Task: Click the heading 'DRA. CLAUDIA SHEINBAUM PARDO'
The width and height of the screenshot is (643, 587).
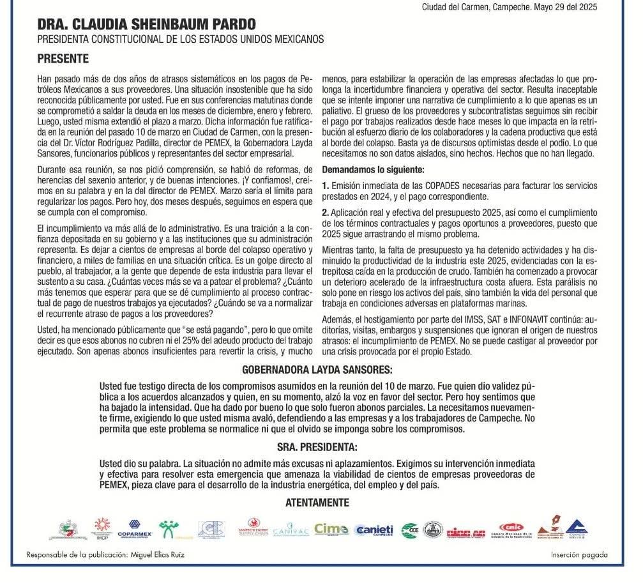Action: click(x=146, y=25)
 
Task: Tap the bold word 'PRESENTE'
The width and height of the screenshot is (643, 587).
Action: click(x=63, y=59)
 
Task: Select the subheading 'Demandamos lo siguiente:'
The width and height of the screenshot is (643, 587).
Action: click(x=373, y=170)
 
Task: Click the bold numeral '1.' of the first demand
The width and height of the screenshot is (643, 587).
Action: click(x=326, y=186)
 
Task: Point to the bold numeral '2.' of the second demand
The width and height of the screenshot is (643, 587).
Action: click(x=326, y=212)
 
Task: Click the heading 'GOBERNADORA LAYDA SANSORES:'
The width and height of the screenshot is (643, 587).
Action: click(x=317, y=370)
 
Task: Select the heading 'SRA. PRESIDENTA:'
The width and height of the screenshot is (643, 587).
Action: click(x=317, y=446)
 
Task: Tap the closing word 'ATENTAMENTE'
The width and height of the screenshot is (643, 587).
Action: click(x=317, y=503)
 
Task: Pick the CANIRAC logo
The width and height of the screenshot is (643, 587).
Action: click(x=291, y=531)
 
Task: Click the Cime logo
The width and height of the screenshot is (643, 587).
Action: click(x=331, y=529)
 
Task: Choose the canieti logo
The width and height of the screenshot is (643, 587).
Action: click(x=374, y=530)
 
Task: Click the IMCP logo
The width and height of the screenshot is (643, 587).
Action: click(x=102, y=528)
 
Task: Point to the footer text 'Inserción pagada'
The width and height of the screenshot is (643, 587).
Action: click(x=579, y=555)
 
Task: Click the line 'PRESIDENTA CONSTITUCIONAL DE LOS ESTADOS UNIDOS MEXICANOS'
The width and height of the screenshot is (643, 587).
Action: click(x=181, y=40)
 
